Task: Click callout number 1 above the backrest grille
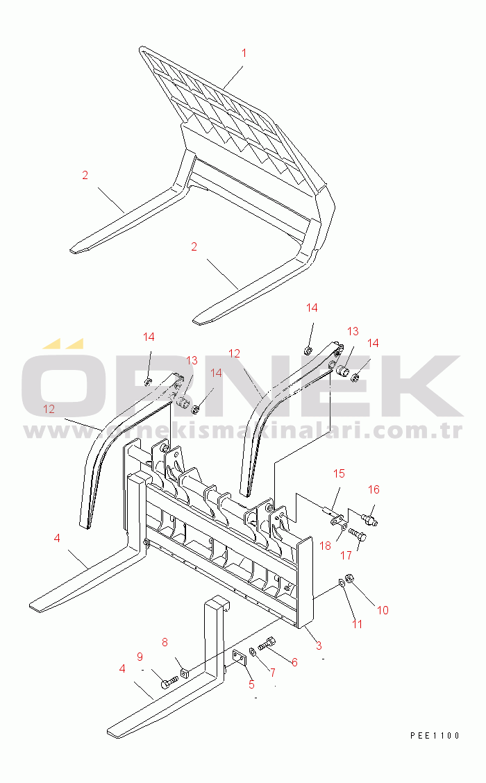244,53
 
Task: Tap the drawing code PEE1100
435,735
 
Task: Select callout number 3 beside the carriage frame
319,646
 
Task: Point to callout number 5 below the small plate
251,684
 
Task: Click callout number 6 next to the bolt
294,662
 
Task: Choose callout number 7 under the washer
273,673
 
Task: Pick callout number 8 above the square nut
165,643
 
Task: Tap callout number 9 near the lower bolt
140,657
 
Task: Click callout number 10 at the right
383,610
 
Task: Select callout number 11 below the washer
357,624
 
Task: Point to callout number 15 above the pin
339,473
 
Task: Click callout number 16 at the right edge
374,489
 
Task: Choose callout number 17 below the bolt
346,555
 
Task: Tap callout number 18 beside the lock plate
325,546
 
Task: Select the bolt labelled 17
358,534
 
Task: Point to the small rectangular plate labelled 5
240,658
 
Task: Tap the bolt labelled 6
267,643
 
